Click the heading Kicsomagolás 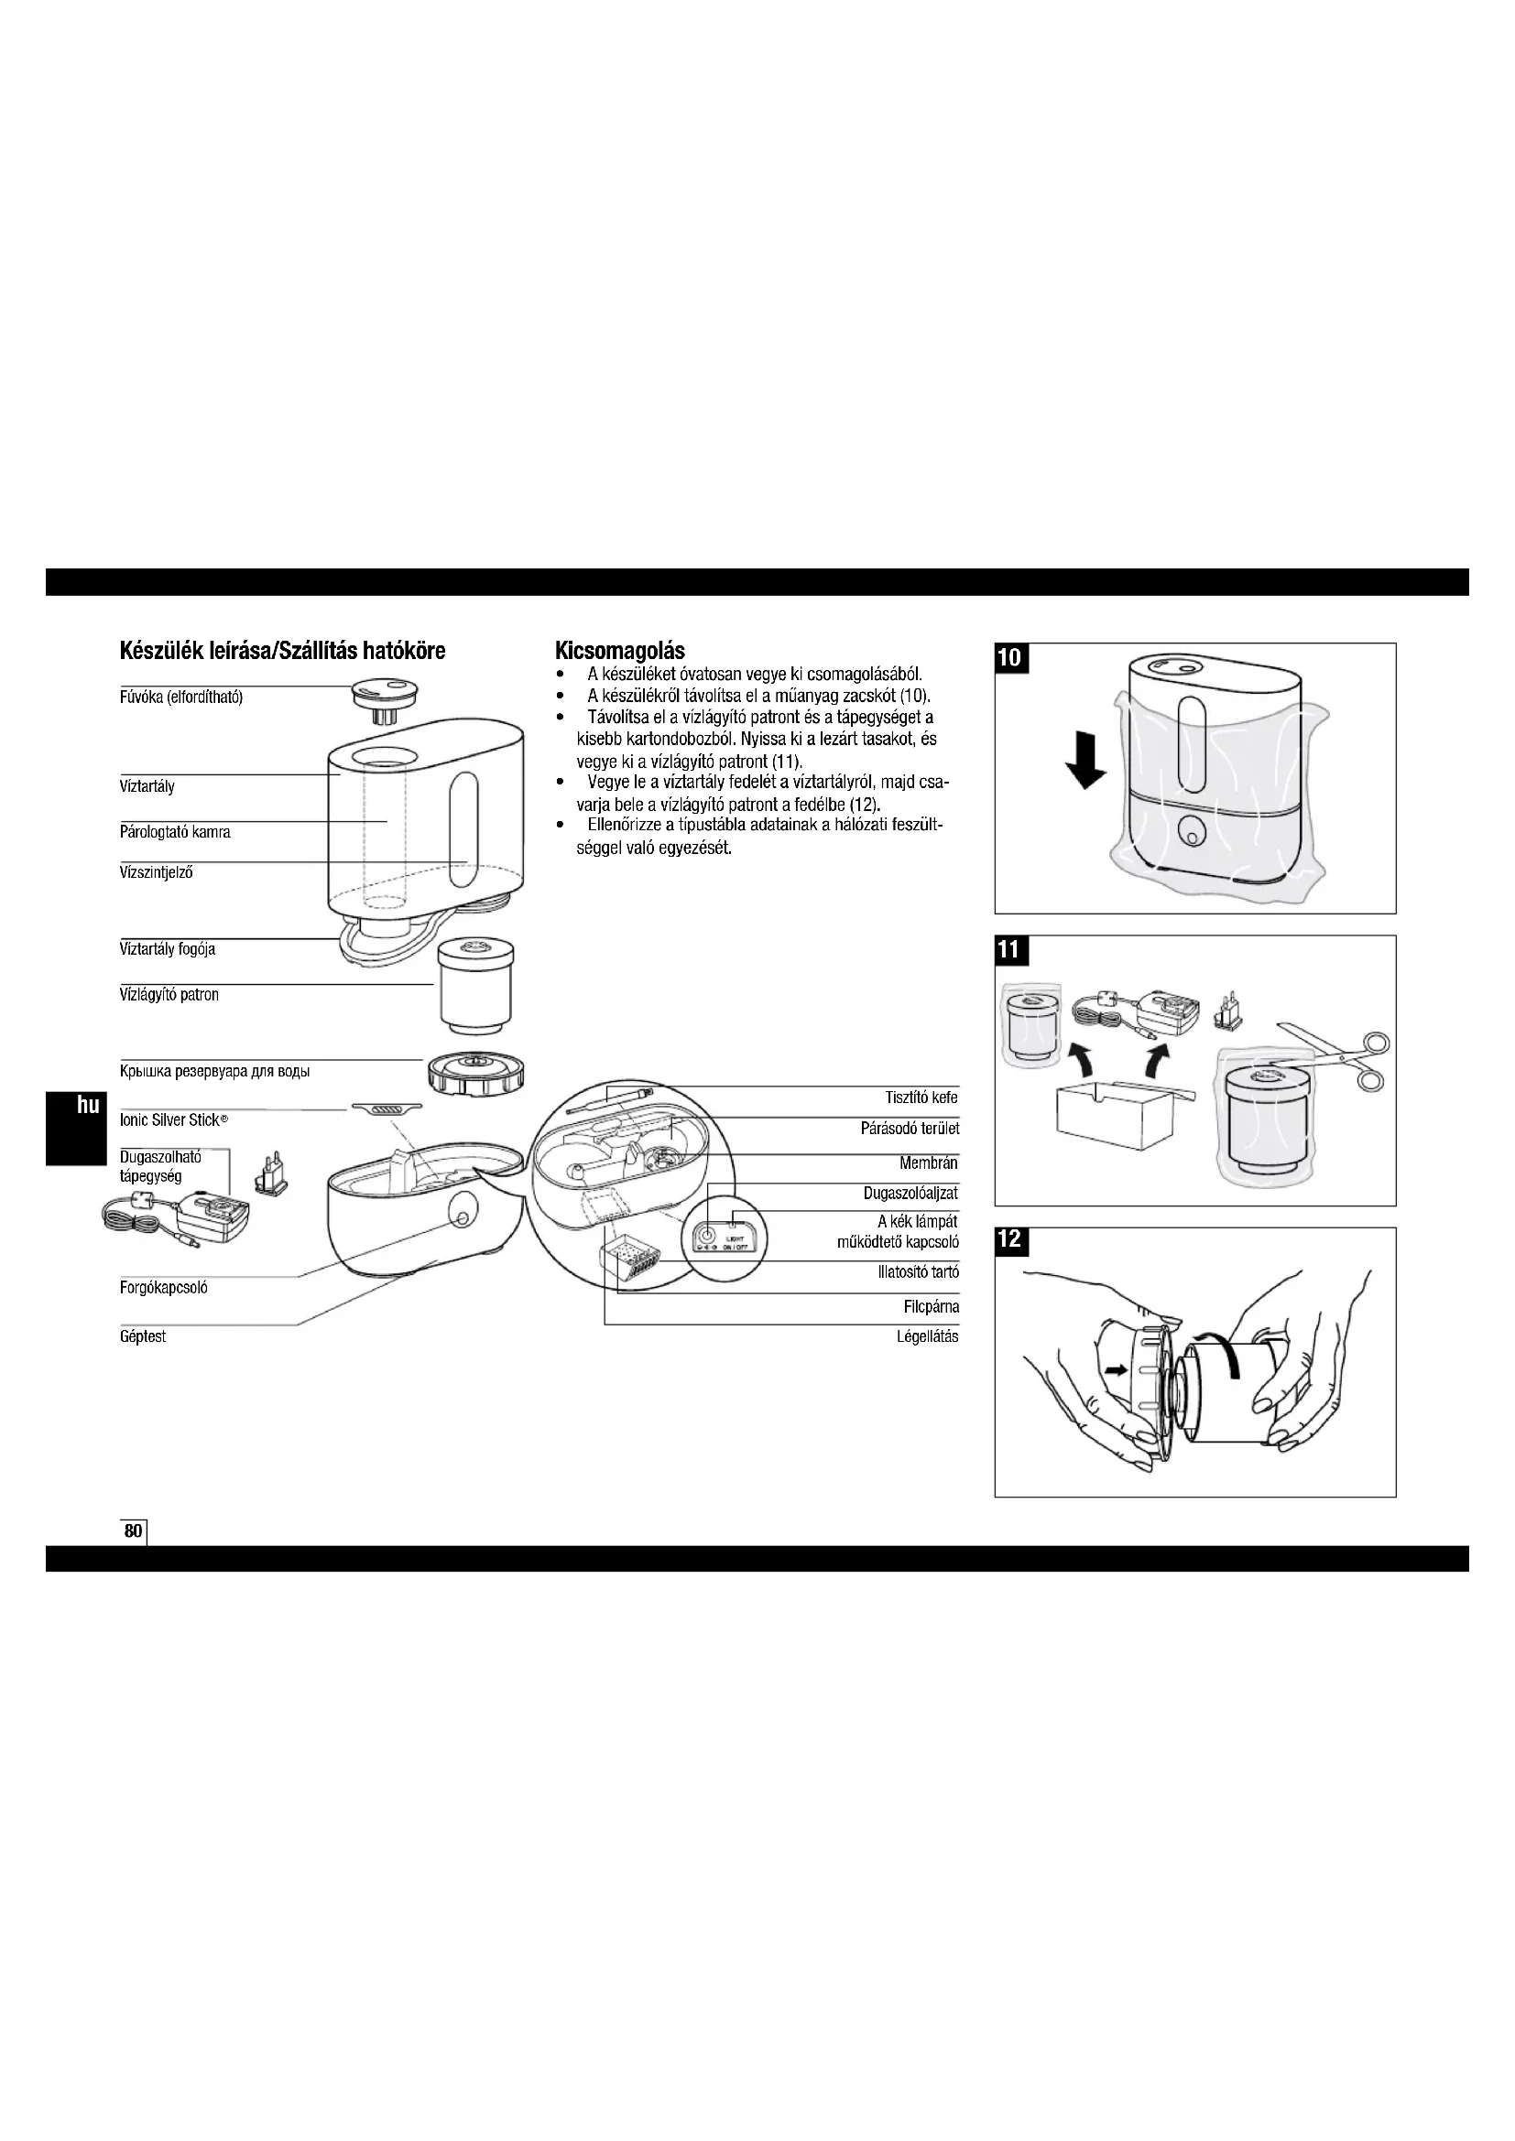tap(619, 650)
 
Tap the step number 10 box tap(1010, 657)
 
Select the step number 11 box tap(1009, 950)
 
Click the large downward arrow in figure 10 tap(1086, 761)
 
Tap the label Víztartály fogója tap(168, 949)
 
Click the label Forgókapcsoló tap(163, 1288)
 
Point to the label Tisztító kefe tap(921, 1098)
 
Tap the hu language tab tap(88, 1106)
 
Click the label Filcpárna tap(931, 1306)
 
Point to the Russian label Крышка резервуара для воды tap(214, 1072)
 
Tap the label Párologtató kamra tap(174, 832)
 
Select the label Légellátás tap(927, 1336)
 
